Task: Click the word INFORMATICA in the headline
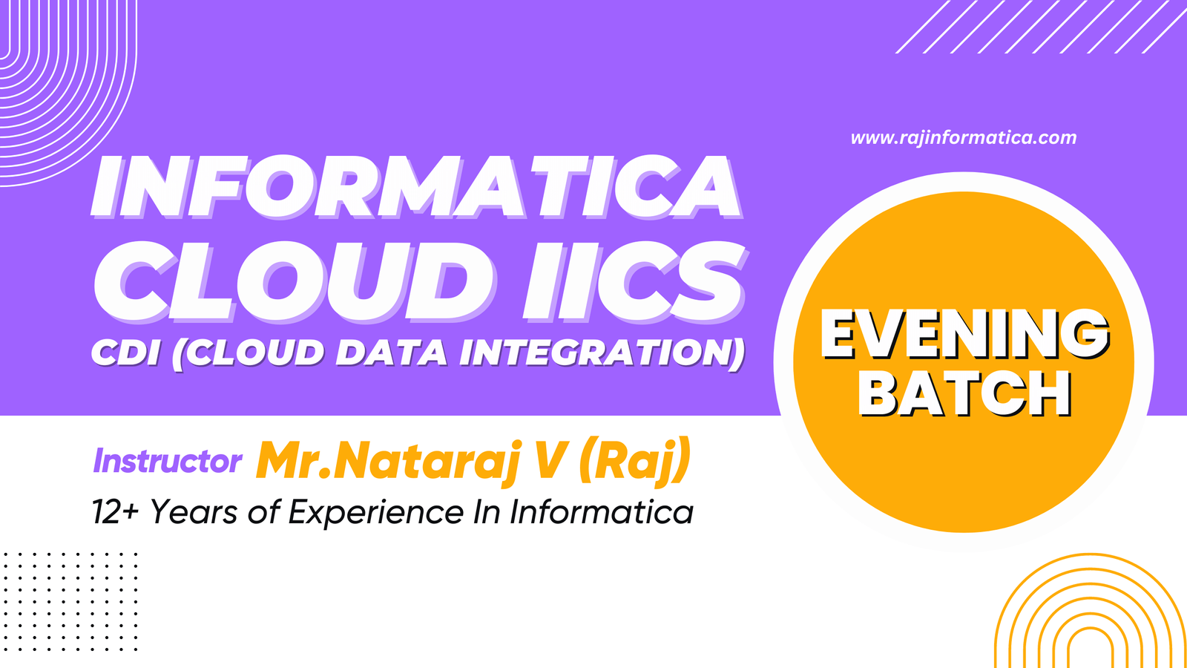416,186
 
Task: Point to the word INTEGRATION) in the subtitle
602,353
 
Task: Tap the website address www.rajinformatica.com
964,138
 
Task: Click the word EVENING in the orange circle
964,334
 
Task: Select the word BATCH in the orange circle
964,393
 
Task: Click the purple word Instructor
168,461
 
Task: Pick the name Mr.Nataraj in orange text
387,460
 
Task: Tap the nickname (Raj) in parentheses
635,460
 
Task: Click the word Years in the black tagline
194,512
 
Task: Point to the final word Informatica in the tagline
601,512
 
